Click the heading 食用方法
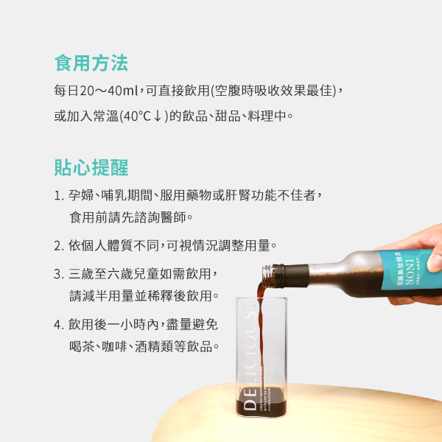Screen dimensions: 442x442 pos(91,63)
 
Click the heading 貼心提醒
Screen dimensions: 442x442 pos(91,167)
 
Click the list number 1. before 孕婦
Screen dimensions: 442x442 pos(58,195)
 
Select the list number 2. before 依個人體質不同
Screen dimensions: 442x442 pos(58,245)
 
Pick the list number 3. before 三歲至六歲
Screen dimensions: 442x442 pos(58,274)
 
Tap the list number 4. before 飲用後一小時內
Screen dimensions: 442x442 pos(58,323)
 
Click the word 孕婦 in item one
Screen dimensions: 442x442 pos(80,195)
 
